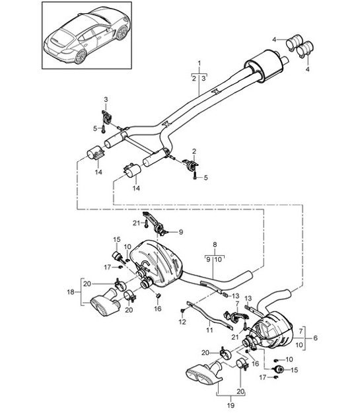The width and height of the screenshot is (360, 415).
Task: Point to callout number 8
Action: click(x=215, y=245)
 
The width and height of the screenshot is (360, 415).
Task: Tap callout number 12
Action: click(x=182, y=321)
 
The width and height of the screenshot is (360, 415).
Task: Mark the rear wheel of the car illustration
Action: click(x=81, y=57)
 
